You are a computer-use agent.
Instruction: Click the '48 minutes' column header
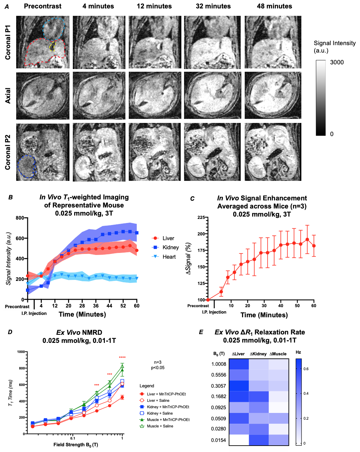(274, 6)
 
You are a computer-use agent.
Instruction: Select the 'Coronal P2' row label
(8, 152)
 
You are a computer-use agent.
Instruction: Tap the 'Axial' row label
(8, 96)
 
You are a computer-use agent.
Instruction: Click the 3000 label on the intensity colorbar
(337, 62)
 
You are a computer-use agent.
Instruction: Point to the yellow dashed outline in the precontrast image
(52, 47)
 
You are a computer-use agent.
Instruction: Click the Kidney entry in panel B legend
(171, 248)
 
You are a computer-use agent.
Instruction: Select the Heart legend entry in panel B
(169, 257)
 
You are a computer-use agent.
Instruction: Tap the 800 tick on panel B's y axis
(20, 218)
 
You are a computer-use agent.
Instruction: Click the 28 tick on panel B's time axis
(82, 306)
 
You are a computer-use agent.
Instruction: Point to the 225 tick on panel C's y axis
(201, 217)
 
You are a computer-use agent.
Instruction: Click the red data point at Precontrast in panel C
(208, 300)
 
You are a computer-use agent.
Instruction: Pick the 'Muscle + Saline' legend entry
(160, 426)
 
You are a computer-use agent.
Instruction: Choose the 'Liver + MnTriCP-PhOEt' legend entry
(166, 394)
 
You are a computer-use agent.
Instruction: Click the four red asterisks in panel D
(122, 358)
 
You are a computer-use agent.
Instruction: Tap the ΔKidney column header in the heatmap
(258, 354)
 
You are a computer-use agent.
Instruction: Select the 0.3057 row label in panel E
(218, 386)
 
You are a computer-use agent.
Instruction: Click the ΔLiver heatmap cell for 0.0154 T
(239, 440)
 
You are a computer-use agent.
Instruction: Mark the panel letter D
(10, 332)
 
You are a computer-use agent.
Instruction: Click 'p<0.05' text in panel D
(158, 368)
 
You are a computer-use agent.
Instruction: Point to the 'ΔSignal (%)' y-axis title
(188, 258)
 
